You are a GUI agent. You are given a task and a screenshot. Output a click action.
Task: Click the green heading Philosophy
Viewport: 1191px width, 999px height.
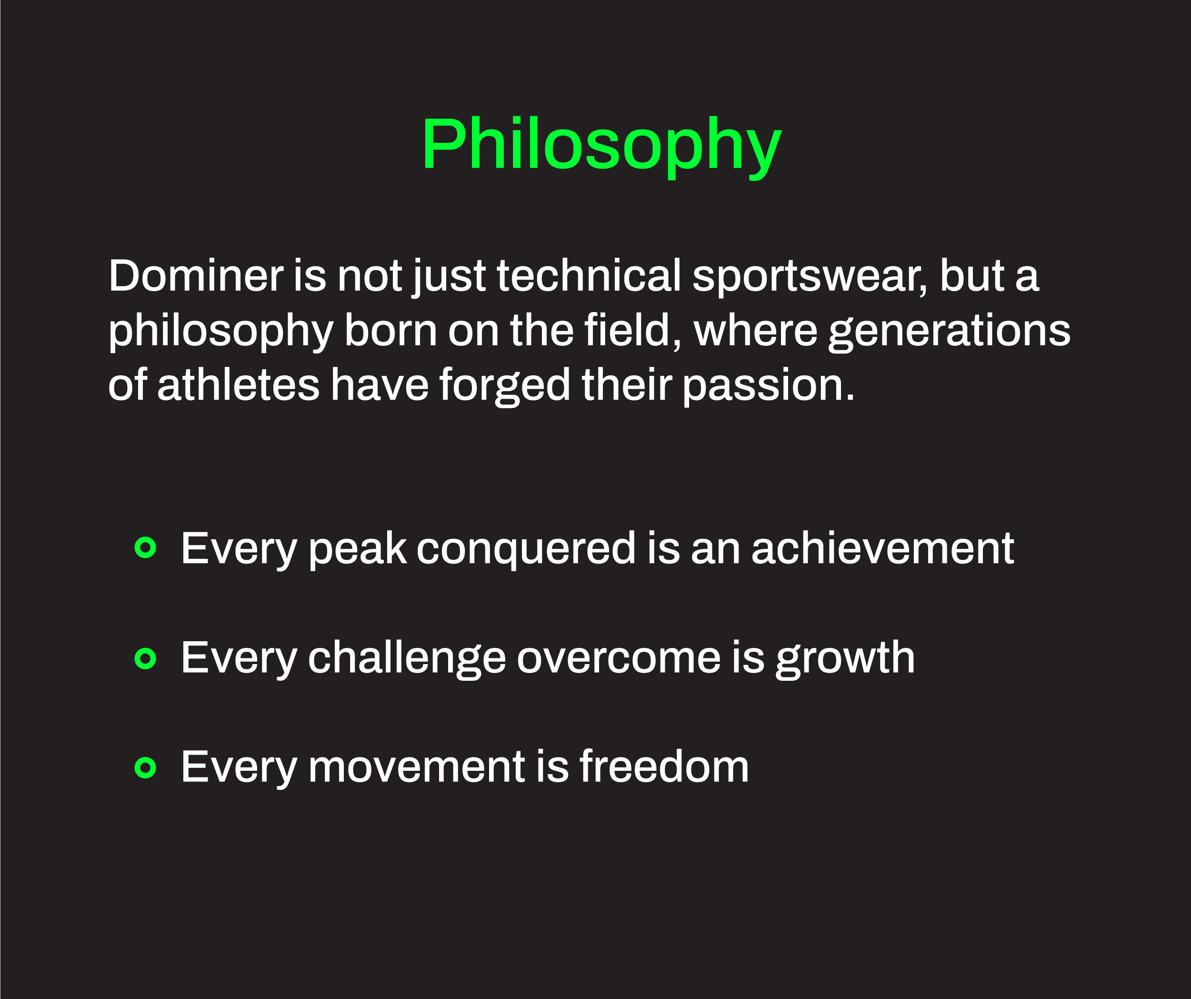(601, 146)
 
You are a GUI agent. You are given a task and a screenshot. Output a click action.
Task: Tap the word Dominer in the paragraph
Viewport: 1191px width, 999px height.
(196, 276)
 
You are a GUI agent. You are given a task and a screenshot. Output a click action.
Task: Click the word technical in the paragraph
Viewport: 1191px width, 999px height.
(589, 275)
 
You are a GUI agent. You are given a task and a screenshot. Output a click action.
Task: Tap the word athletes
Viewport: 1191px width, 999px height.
(238, 384)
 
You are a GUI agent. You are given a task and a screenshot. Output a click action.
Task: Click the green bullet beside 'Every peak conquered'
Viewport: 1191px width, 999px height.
(145, 547)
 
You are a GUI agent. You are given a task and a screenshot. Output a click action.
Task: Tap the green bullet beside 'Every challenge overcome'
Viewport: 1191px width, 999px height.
(145, 659)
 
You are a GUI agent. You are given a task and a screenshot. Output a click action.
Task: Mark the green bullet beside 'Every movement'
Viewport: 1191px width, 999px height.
(145, 768)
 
